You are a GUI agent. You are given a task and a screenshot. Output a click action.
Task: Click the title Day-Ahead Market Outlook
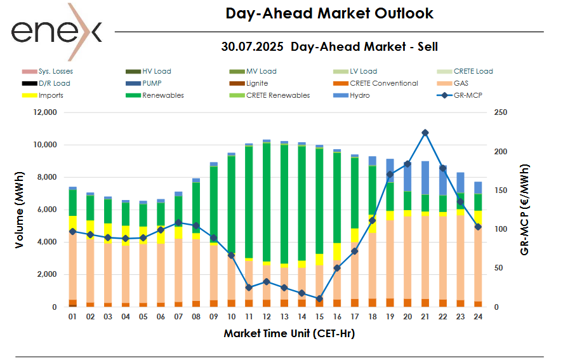coord(329,13)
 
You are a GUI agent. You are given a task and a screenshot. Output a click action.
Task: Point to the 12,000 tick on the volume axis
coord(44,112)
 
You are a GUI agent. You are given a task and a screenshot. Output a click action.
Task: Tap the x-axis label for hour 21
coord(425,316)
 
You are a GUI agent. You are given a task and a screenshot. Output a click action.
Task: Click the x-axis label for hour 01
coord(72,316)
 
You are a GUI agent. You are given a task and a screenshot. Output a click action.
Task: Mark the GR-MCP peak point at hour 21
coord(425,133)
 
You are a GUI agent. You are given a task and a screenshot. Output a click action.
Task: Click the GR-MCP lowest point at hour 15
coord(319,298)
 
